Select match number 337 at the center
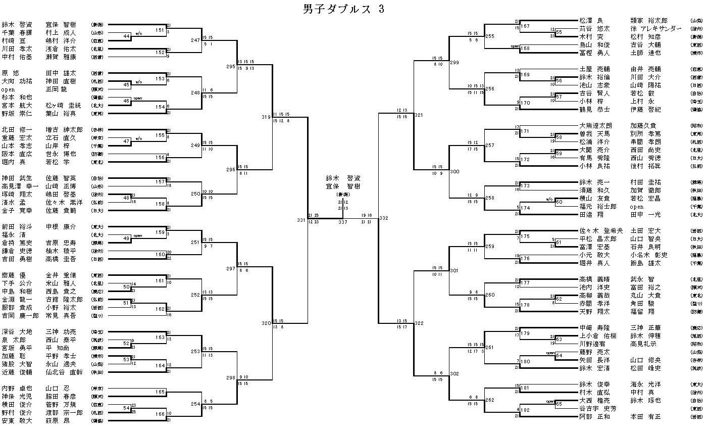click(343, 222)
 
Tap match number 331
click(301, 220)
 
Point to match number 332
click(383, 218)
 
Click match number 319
click(266, 117)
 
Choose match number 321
click(419, 115)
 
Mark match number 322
click(419, 323)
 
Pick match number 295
click(231, 66)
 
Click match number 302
click(454, 374)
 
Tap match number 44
click(126, 36)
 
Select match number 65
click(559, 404)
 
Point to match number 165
click(160, 392)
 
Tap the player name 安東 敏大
click(17, 420)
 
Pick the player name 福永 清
click(14, 235)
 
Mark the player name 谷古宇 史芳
click(598, 409)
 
